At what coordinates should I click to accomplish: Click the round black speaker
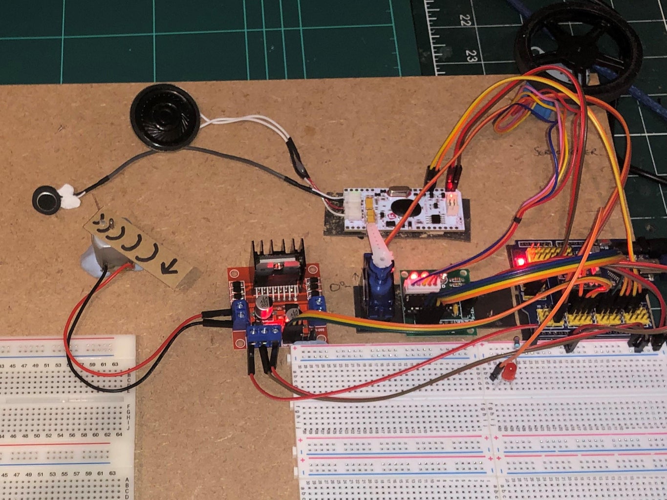pos(165,118)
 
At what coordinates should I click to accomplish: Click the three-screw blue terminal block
pos(264,333)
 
